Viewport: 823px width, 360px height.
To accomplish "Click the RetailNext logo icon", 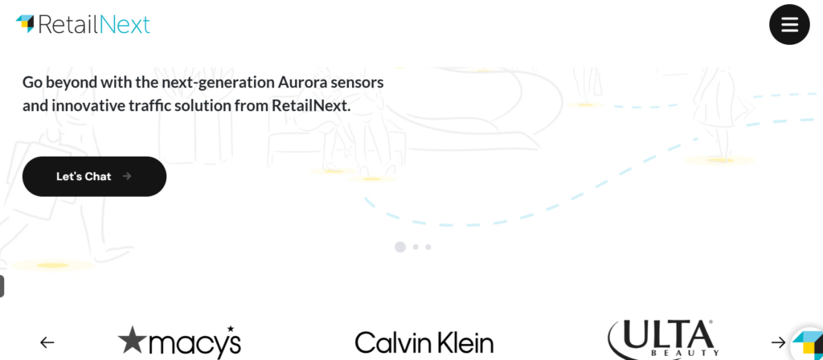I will (25, 23).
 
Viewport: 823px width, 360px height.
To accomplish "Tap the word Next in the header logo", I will (125, 25).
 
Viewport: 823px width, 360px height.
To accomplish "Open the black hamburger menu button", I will (789, 25).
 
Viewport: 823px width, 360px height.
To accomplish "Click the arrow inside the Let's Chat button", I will (127, 177).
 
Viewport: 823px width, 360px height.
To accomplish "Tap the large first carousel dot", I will (400, 247).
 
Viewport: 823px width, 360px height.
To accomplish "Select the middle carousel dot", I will (416, 247).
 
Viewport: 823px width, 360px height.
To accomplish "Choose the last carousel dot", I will (428, 247).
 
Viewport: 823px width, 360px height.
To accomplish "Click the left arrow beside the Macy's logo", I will (47, 342).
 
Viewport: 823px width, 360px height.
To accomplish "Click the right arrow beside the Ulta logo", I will (778, 342).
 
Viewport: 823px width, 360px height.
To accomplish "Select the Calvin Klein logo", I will (424, 343).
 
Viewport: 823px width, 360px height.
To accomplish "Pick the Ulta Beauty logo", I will (661, 338).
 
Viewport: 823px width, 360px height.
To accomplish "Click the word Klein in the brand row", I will (461, 343).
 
